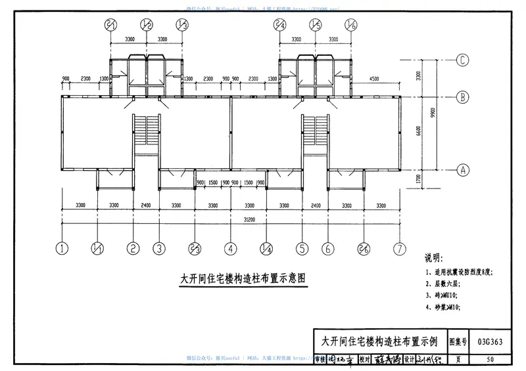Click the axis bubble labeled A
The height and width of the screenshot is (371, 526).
coord(463,169)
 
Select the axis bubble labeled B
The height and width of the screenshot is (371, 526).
coord(463,97)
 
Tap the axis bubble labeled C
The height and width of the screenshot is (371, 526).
coord(463,60)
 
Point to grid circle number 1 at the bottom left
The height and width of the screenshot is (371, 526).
coord(62,249)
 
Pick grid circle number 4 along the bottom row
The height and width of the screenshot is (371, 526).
coord(231,249)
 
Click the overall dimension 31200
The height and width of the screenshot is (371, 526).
coord(230,221)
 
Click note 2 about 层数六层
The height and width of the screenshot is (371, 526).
coord(446,283)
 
